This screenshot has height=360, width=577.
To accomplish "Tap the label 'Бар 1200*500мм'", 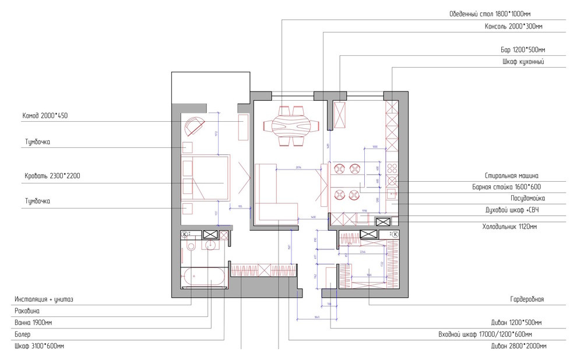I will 523,50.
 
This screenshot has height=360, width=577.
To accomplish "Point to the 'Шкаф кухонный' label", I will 523,62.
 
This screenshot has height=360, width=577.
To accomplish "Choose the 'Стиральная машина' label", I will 511,175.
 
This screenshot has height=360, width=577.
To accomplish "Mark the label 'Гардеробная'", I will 526,299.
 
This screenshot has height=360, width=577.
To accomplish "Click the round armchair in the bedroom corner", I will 194,125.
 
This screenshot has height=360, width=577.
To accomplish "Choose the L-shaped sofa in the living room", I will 274,194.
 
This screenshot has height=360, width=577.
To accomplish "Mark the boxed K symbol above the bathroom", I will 185,234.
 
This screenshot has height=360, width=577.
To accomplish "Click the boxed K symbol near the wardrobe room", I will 395,234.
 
